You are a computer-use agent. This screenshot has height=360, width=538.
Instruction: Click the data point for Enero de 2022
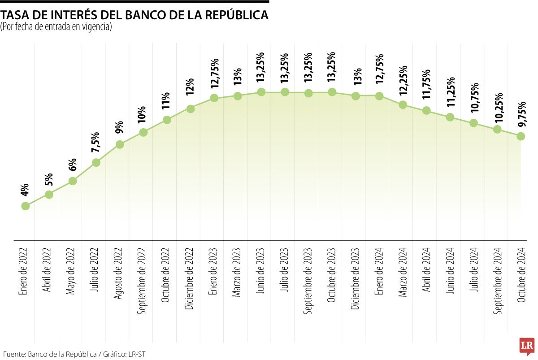(x=26, y=206)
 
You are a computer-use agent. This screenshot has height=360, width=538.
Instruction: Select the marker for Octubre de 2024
(x=521, y=136)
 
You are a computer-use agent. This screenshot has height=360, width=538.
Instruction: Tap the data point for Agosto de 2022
(x=120, y=144)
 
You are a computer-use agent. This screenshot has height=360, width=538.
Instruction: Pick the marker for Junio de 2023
(x=261, y=92)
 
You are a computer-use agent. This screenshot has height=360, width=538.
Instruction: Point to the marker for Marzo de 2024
(x=403, y=105)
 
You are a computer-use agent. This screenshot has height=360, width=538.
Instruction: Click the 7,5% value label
(x=96, y=143)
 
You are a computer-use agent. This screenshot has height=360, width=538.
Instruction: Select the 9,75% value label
(x=521, y=115)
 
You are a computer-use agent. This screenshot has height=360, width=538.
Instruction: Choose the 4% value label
(x=25, y=190)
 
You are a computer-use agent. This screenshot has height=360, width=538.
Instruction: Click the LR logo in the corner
(x=526, y=346)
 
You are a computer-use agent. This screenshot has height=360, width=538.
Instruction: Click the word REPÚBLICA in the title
(x=237, y=15)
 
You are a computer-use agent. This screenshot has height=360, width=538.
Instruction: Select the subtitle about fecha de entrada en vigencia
(x=56, y=27)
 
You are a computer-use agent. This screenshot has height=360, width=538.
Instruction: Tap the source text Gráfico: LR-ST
(x=125, y=354)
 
